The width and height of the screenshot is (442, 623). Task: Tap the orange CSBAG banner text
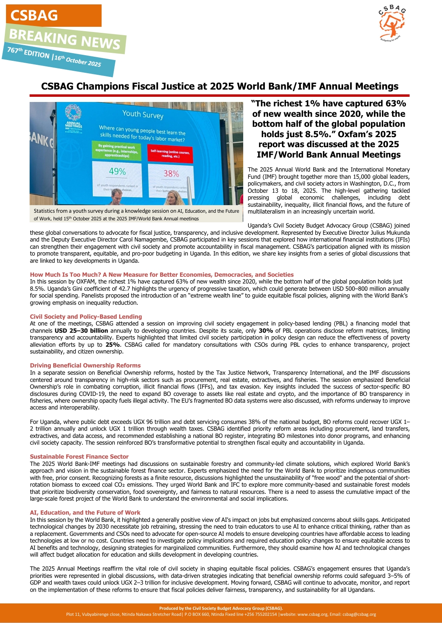tap(34, 16)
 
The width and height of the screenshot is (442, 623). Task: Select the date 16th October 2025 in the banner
tap(78, 60)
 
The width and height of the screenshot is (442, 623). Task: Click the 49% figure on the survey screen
tap(117, 172)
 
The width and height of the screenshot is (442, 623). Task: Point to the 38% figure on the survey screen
tap(171, 174)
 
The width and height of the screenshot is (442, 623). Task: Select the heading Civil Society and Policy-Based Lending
tap(86, 316)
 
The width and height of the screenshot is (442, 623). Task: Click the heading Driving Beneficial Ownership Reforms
tap(85, 365)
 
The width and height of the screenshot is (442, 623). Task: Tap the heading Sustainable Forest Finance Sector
tap(79, 456)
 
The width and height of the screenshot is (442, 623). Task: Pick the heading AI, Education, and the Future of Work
tap(85, 512)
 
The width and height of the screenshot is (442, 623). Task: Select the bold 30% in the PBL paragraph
tap(266, 331)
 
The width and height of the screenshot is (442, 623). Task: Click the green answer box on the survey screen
tap(116, 151)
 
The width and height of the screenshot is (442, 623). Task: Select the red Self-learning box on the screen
tap(170, 154)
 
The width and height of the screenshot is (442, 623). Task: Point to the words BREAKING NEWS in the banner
tap(64, 39)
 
